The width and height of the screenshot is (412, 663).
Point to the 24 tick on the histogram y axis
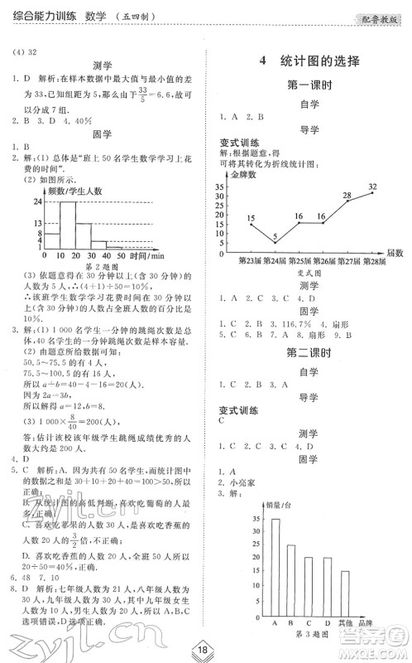tap(37, 201)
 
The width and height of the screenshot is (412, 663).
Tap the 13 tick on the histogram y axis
tap(37, 223)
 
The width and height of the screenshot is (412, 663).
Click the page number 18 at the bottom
tap(204, 648)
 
